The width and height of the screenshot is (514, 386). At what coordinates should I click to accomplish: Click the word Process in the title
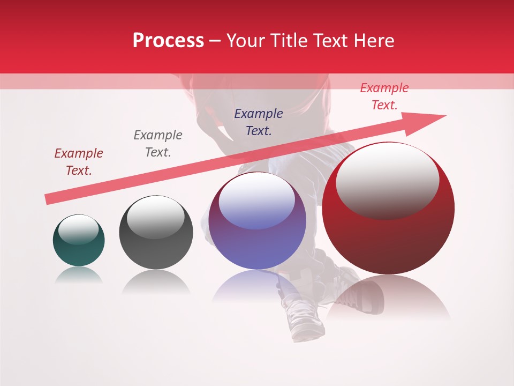(x=168, y=41)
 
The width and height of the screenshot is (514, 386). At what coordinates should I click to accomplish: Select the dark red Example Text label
(x=79, y=162)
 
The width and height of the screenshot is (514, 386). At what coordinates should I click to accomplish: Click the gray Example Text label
(x=158, y=144)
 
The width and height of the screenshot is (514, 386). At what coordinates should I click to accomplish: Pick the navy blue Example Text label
(x=259, y=122)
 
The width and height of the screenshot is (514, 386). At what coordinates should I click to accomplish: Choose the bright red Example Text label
(x=384, y=96)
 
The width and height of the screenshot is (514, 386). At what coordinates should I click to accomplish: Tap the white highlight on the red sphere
(x=387, y=180)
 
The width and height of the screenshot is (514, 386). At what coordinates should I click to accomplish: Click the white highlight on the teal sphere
(x=78, y=229)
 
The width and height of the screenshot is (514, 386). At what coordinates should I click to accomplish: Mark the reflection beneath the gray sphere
(x=156, y=281)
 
